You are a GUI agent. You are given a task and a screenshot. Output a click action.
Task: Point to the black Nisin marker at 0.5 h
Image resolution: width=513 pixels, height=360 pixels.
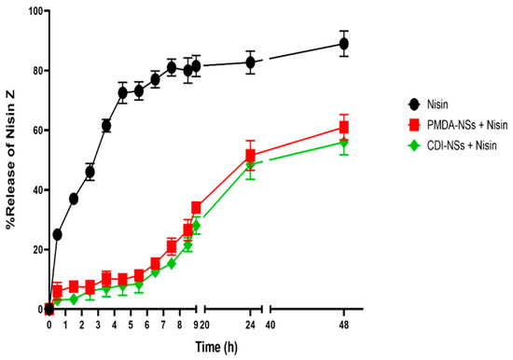point(57,234)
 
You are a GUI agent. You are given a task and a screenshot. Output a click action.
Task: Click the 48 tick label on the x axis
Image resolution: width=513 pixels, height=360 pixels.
point(344,325)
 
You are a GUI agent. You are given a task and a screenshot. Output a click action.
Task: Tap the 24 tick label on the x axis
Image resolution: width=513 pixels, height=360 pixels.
point(250,325)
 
